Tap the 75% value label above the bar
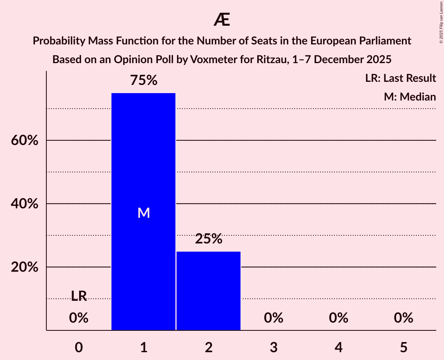143,81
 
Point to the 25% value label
209,239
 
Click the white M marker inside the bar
143,213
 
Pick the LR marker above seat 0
79,296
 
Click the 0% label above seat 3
273,318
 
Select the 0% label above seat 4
338,318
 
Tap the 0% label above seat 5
403,318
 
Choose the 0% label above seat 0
79,318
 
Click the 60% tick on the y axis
25,141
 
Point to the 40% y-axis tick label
25,204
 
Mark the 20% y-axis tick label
25,268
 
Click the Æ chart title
222,20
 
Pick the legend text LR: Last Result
400,78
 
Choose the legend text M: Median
410,97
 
